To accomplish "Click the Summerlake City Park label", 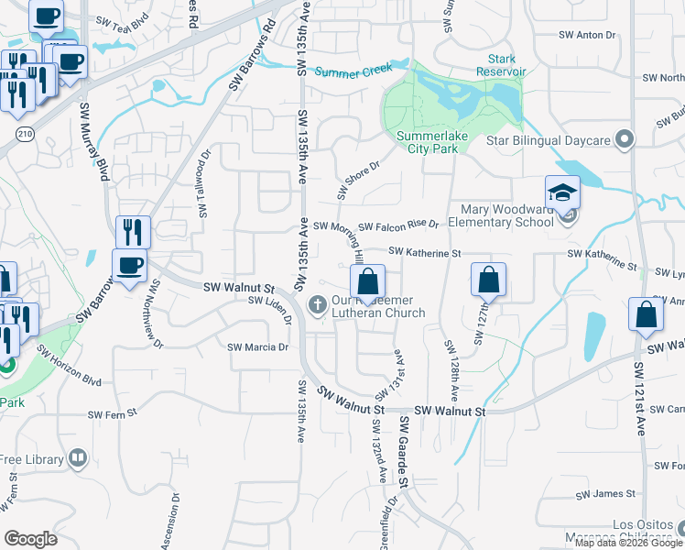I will (x=427, y=145).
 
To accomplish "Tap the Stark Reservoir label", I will (x=501, y=65).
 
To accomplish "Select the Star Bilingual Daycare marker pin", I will (x=625, y=139).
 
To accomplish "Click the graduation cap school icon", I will (x=562, y=192).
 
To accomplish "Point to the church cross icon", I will (x=318, y=303).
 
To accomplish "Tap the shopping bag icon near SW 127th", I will (x=489, y=280).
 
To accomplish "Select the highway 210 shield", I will (x=23, y=135).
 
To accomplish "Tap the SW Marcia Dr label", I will (x=258, y=347).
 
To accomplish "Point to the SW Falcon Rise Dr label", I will (x=398, y=225).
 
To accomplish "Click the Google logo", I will (x=30, y=539).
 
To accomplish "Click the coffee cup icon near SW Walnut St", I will (x=129, y=266).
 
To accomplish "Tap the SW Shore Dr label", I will (x=357, y=175).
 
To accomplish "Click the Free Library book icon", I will (x=79, y=457).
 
